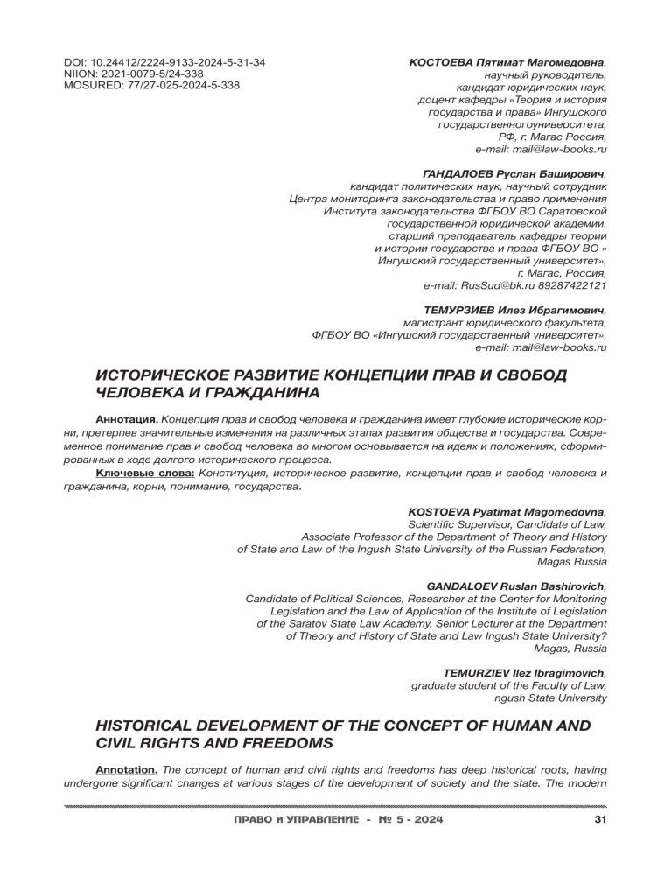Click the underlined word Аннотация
coord(126,419)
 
